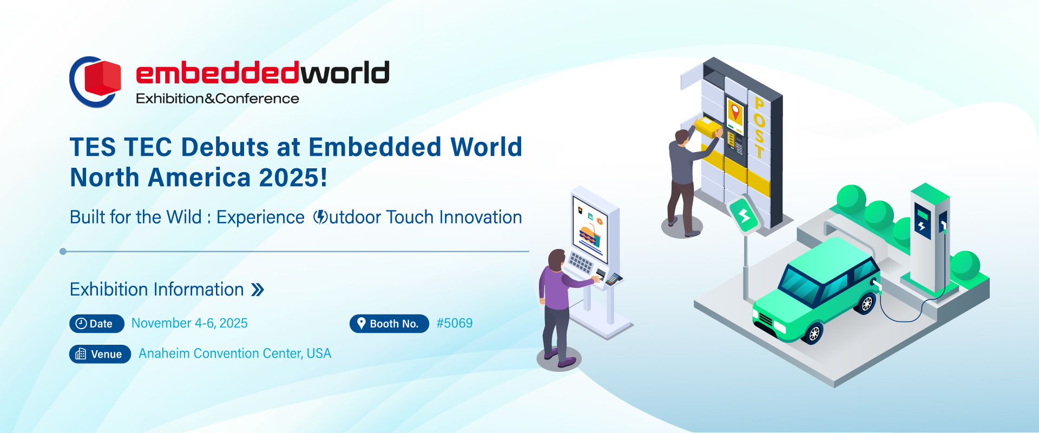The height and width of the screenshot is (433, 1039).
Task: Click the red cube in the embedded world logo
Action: click(x=103, y=78)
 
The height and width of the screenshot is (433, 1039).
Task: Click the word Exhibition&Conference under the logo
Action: click(x=218, y=99)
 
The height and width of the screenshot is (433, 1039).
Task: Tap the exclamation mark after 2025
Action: click(x=324, y=178)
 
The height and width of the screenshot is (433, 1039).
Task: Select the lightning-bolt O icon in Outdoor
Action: click(x=320, y=217)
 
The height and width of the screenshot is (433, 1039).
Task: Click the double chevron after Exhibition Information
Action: click(x=258, y=290)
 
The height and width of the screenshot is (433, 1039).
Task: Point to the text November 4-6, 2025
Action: click(x=189, y=323)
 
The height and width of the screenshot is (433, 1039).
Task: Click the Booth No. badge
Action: click(x=389, y=324)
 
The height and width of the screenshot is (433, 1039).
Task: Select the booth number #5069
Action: click(x=455, y=323)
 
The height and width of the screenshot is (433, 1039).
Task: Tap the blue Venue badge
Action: click(x=100, y=354)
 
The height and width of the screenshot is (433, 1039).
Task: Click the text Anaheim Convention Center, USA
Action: click(x=235, y=353)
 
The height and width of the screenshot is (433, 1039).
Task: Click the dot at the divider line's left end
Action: click(x=63, y=251)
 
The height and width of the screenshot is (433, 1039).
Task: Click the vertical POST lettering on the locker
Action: click(x=759, y=128)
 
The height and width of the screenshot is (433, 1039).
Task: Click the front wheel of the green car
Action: click(x=813, y=333)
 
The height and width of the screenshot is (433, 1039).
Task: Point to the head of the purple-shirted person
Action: click(x=556, y=260)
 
